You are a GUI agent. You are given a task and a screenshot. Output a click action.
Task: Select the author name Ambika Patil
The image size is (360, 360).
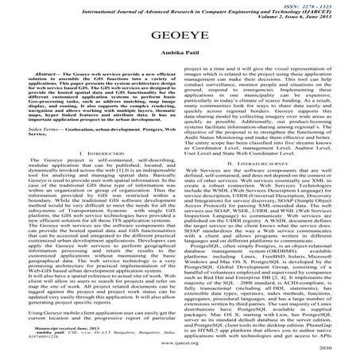click(x=180, y=58)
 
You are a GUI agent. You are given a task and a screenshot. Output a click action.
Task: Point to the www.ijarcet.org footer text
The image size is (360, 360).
click(x=180, y=348)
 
